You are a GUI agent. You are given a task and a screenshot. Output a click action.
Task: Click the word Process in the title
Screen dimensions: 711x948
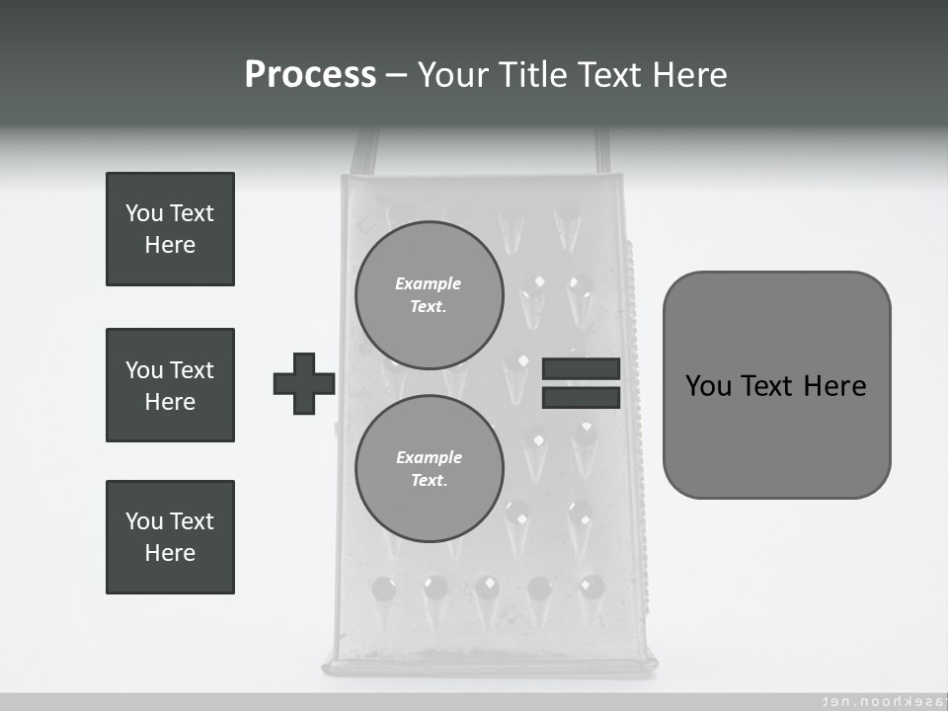pyautogui.click(x=310, y=75)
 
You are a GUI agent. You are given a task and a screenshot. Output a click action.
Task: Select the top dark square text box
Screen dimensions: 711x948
pyautogui.click(x=170, y=229)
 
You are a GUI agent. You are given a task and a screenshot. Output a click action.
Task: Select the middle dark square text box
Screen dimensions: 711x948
pyautogui.click(x=170, y=385)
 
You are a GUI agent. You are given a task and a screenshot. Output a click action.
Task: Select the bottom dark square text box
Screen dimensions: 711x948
pyautogui.click(x=170, y=537)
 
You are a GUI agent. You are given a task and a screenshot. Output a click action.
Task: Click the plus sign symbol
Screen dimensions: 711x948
pyautogui.click(x=304, y=383)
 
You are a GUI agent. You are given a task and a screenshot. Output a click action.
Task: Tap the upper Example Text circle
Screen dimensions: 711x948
pyautogui.click(x=429, y=294)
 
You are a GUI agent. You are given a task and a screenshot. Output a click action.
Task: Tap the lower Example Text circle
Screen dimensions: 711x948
pyautogui.click(x=429, y=468)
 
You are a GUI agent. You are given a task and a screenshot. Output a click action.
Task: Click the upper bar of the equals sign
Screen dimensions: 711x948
pyautogui.click(x=581, y=368)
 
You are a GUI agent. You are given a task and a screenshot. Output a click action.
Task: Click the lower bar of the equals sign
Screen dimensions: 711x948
pyautogui.click(x=581, y=397)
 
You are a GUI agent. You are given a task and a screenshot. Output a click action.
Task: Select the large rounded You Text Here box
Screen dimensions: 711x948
pyautogui.click(x=776, y=385)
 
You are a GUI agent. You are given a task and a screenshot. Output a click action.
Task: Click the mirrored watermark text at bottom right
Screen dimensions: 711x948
pyautogui.click(x=875, y=700)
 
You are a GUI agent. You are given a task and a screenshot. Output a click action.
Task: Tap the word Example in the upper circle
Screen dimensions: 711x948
pyautogui.click(x=429, y=283)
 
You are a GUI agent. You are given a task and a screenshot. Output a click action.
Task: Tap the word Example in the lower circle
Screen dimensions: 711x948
pyautogui.click(x=429, y=457)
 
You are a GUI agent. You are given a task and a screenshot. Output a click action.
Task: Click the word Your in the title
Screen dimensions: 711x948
pyautogui.click(x=451, y=75)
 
